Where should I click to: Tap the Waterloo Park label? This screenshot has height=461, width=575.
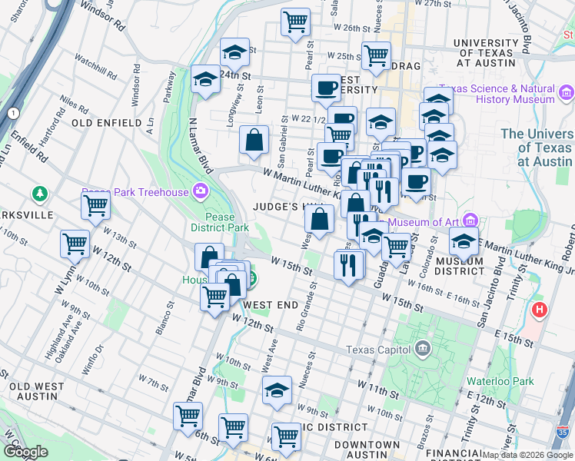(x=500, y=381)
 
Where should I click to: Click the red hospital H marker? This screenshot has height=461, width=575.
(x=540, y=311)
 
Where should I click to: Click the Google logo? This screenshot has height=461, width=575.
(x=25, y=452)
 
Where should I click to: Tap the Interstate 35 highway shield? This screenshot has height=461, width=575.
(x=564, y=433)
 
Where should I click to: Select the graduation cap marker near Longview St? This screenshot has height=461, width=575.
(x=234, y=52)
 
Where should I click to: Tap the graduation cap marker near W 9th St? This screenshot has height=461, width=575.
(x=277, y=390)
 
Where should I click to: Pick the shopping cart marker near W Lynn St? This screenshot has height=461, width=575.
(x=75, y=244)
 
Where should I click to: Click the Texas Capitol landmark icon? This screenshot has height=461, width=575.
(x=421, y=350)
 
